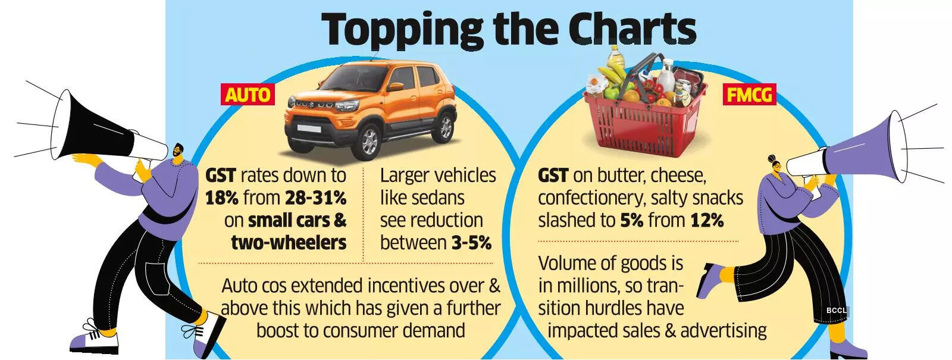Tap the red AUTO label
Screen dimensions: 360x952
pos(248,94)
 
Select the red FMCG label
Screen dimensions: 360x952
pos(749,94)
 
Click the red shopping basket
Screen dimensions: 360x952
pos(645,113)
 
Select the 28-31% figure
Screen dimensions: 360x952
pos(315,198)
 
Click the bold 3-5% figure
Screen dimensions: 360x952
pos(471,243)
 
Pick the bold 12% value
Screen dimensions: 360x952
pos(707,221)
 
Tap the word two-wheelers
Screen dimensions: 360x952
pos(289,243)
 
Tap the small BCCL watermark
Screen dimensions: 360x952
pos(836,311)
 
